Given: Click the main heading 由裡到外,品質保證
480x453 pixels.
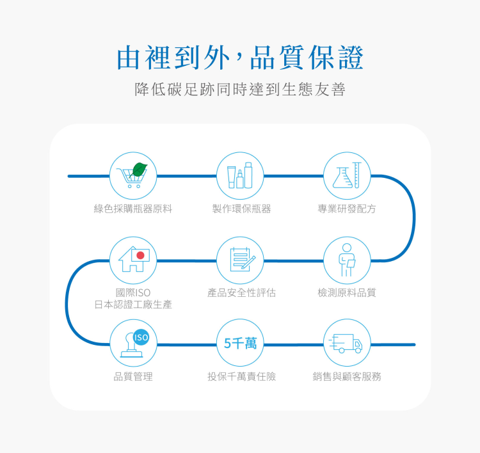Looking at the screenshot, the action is click(240, 58).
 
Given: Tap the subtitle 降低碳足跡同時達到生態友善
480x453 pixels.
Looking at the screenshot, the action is click(240, 90).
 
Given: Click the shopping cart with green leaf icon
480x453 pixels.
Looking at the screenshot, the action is click(133, 175).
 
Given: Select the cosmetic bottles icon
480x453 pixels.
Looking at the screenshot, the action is click(240, 175).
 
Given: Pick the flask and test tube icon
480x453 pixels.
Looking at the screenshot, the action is click(347, 175).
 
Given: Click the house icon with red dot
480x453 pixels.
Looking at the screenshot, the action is click(133, 259).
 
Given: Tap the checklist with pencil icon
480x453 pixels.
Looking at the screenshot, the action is click(240, 259).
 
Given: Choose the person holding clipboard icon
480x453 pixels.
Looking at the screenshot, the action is click(347, 259).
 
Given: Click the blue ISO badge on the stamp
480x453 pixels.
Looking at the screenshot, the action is click(141, 337).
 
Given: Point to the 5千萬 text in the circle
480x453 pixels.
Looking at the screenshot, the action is click(240, 344).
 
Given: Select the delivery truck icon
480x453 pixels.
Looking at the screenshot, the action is click(347, 344).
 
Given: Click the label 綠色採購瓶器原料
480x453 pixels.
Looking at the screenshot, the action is click(133, 209).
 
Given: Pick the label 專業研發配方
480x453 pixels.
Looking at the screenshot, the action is click(347, 209).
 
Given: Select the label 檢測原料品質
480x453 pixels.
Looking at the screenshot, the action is click(347, 292).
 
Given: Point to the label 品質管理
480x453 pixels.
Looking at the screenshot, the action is click(133, 376).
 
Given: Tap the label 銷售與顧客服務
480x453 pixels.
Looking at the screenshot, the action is click(347, 376).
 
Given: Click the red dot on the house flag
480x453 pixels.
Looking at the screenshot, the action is click(140, 255).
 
